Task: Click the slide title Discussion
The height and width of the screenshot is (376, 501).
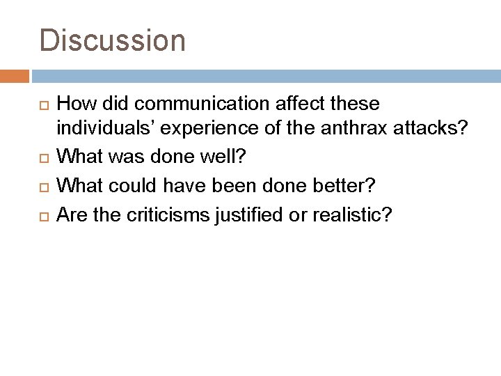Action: point(113,40)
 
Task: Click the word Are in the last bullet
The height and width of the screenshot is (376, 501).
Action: point(71,215)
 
